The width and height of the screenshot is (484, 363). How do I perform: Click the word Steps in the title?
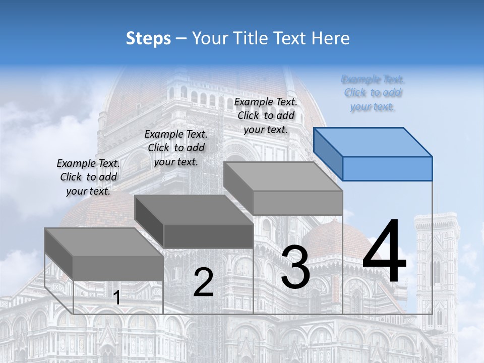pos(148,38)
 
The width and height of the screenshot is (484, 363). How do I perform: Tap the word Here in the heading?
pos(331,38)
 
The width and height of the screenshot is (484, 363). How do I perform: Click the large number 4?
pos(384,252)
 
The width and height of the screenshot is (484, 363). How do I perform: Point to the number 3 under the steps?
pos(295,267)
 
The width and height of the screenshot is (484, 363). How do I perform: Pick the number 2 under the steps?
pos(203,282)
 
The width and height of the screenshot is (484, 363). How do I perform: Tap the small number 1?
pos(117,298)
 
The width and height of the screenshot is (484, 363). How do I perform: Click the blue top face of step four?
pos(373,142)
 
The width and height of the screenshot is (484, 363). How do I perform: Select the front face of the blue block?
pos(387,168)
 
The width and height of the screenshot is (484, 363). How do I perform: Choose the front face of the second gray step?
pos(209,236)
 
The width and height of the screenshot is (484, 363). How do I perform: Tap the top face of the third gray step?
pos(282,176)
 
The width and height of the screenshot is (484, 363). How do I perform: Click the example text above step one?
pos(88,177)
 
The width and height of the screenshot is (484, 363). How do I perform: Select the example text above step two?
pos(176,148)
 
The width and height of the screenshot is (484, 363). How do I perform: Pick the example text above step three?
pos(266,115)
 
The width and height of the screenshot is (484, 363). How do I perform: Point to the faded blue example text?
pos(373,93)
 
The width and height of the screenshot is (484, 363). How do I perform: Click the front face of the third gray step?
pos(297,203)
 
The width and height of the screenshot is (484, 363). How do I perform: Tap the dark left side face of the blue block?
pos(328,154)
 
